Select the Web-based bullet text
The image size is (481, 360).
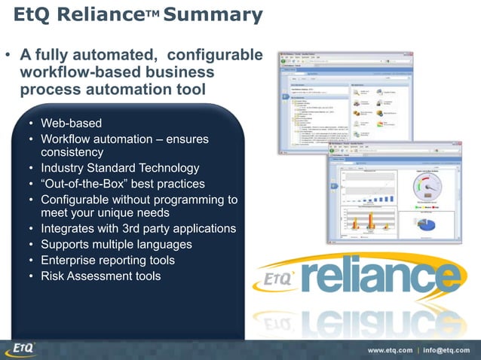point(71,123)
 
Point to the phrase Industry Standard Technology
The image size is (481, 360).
point(120,168)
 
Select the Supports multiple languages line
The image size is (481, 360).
point(116,245)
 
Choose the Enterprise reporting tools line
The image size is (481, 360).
point(108,261)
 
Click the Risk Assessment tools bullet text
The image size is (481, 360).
point(100,276)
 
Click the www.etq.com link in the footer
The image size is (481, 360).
point(390,350)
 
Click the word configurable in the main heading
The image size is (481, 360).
point(214,56)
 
